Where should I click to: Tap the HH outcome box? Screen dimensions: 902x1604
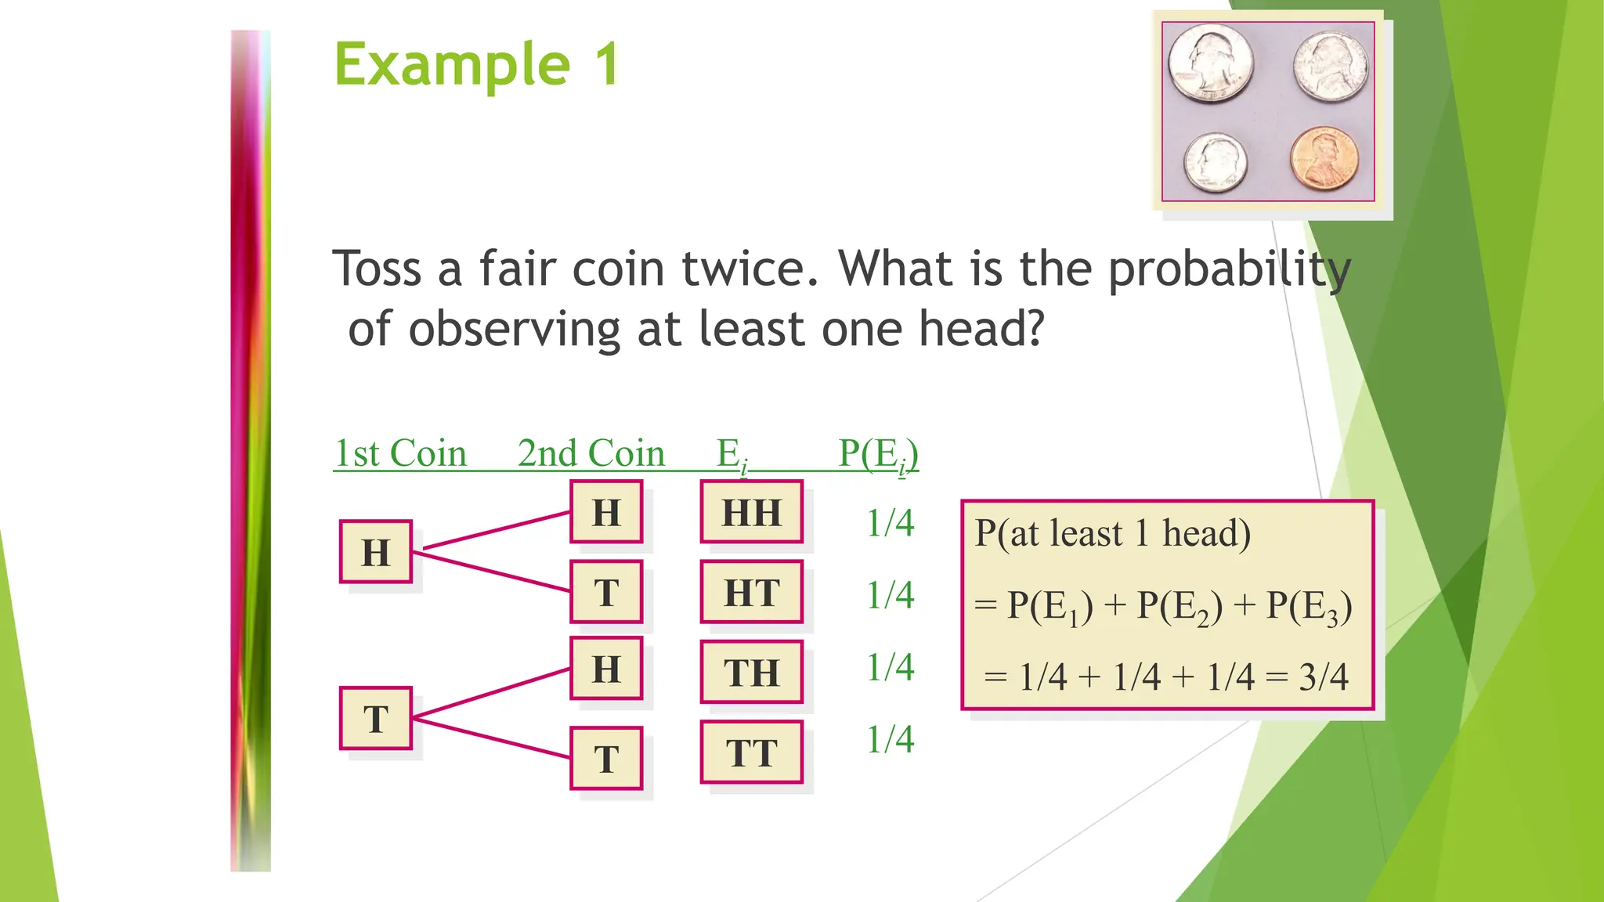(x=752, y=513)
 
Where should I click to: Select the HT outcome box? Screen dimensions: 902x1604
(x=752, y=593)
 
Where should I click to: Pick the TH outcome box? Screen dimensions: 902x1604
(x=752, y=673)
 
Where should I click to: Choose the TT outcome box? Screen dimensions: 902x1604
(x=752, y=752)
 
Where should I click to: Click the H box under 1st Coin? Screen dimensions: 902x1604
(x=376, y=552)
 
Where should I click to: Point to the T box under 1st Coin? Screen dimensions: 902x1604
(x=376, y=719)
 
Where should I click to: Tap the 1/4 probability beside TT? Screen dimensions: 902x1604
(x=890, y=739)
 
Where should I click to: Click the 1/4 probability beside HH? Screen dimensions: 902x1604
(x=890, y=523)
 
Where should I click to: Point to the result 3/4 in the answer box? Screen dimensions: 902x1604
(x=1324, y=676)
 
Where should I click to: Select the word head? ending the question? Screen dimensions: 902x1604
(x=981, y=328)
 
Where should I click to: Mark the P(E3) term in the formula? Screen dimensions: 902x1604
(x=1309, y=607)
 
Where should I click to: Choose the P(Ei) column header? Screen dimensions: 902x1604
(x=878, y=454)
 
